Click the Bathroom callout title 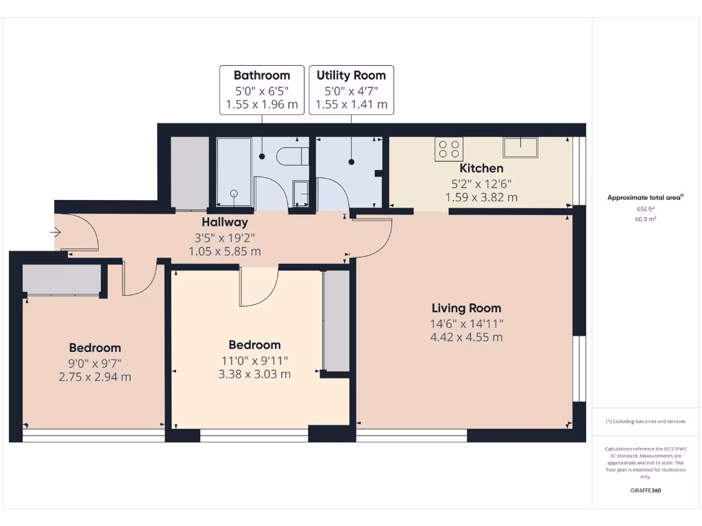[262, 75]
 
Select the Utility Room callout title [351, 75]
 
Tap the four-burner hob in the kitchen [450, 149]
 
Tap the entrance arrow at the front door [56, 233]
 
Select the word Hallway [224, 223]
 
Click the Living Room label [466, 308]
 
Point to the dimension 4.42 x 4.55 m [466, 337]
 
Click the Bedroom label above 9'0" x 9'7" [95, 348]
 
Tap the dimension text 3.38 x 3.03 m [254, 374]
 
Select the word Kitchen [481, 168]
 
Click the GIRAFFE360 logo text [645, 490]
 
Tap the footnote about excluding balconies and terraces [645, 421]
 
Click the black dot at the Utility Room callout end [352, 162]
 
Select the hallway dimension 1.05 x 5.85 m [224, 251]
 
